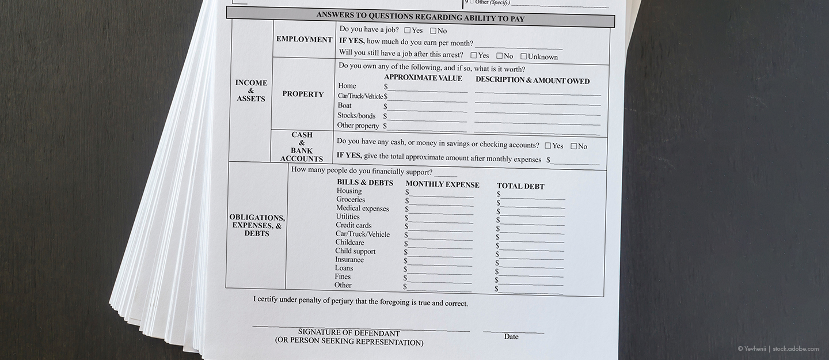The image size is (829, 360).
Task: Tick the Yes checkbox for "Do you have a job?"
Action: pos(408,31)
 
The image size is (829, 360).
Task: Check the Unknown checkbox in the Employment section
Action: pos(523,56)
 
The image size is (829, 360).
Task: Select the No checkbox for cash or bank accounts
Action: pos(574,146)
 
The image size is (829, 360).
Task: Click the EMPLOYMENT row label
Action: pos(304,40)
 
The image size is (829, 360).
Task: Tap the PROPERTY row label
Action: pos(303,94)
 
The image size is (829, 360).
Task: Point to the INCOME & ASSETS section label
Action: pos(251,90)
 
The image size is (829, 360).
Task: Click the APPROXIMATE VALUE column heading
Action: pos(423,78)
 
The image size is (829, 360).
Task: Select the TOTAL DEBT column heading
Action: pos(520,187)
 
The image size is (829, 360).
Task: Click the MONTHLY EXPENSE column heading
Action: pos(442,185)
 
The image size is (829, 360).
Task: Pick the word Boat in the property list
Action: pos(344,105)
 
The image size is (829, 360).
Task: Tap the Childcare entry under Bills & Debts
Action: pos(349,242)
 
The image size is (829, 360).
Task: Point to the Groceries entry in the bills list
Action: pos(351,199)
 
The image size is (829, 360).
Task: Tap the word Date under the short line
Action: pos(511,337)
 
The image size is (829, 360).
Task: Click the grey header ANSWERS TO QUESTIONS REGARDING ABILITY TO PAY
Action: pos(420,17)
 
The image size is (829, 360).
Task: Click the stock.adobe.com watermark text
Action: pos(796,348)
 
